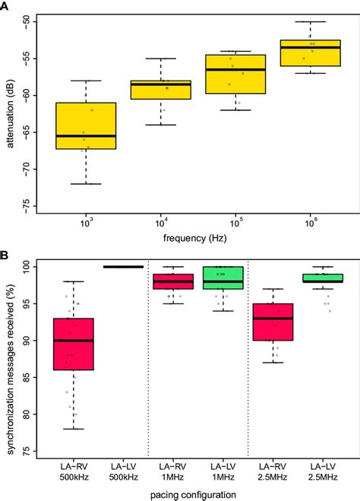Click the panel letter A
6,7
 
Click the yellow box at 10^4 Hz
160,90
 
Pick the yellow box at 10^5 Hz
235,74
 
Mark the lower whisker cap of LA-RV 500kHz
73,429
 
